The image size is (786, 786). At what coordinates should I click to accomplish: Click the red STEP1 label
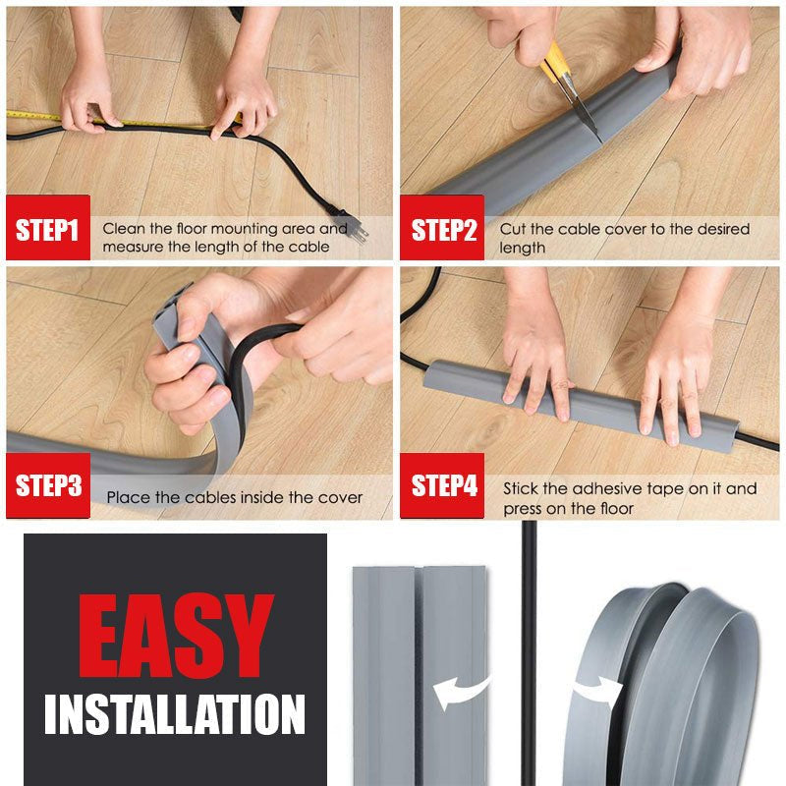tap(47, 230)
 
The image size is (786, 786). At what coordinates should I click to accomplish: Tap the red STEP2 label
tap(443, 230)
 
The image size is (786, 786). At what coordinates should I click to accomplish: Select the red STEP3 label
tap(47, 485)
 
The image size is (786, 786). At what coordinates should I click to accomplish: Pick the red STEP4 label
tap(444, 485)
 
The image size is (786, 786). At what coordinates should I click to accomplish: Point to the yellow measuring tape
tap(34, 116)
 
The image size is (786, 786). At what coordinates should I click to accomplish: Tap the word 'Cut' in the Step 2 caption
tap(514, 229)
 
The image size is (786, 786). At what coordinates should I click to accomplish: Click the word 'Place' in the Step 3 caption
tap(128, 498)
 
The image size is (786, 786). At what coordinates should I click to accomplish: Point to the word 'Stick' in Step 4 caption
tap(522, 488)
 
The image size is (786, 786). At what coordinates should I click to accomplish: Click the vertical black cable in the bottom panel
tap(530, 609)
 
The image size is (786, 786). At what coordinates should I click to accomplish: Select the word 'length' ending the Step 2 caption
tap(522, 249)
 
